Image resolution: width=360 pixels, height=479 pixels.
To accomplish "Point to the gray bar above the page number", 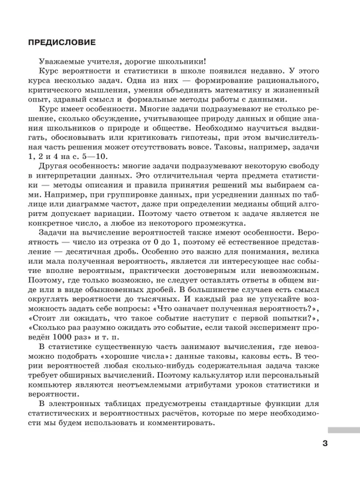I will pyautogui.click(x=343, y=429).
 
